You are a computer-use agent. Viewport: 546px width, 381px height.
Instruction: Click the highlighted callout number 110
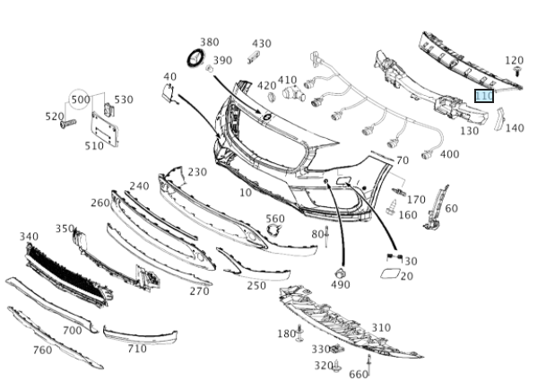[484, 96]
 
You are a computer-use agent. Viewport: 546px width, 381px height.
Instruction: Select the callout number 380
[209, 42]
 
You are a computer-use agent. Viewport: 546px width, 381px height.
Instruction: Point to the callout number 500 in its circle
[81, 99]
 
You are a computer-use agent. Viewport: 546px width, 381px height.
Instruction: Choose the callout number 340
[29, 237]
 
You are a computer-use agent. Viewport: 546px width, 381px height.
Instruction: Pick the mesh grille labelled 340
[63, 270]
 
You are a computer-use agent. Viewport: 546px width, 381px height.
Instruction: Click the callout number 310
[381, 327]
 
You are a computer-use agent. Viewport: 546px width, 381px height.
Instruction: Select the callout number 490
[340, 285]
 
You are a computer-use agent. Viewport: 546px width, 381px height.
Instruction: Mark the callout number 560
[274, 219]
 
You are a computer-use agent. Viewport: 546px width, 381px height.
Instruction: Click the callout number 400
[449, 154]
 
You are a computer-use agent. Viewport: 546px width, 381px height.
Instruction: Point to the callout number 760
[41, 350]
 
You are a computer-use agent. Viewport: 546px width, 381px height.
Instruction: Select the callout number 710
[136, 349]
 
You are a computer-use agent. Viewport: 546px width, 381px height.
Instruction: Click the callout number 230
[197, 172]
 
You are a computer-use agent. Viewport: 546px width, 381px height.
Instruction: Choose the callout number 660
[358, 375]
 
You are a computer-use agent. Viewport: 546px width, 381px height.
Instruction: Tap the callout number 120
[514, 60]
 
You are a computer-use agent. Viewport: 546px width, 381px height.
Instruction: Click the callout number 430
[261, 43]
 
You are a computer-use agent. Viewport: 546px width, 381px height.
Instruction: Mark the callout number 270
[199, 290]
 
